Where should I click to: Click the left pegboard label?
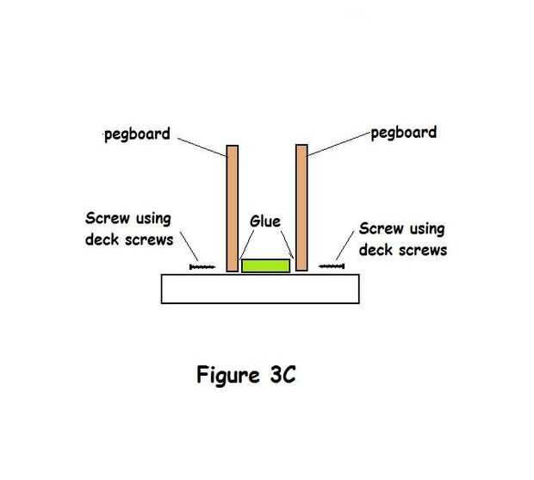pos(137,135)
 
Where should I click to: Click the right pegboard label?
pos(404,133)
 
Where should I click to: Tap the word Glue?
pos(265,221)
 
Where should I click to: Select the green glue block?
pos(265,265)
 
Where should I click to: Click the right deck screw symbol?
pos(331,267)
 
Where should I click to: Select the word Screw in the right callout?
pos(380,229)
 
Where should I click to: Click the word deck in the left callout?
pos(102,240)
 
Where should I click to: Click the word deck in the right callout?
pos(375,250)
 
